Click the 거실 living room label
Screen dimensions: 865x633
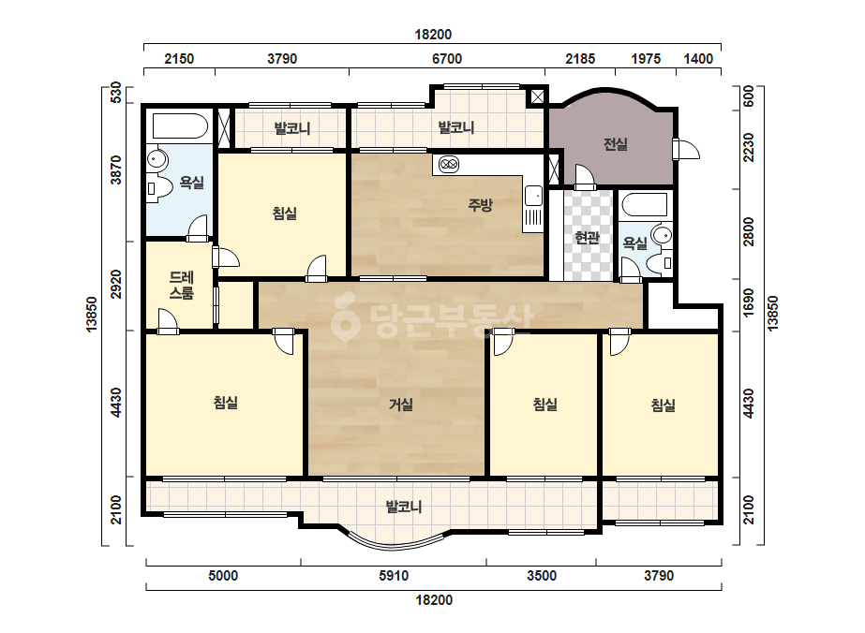[401, 405]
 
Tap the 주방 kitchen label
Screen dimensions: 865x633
[480, 205]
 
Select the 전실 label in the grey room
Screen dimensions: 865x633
[615, 144]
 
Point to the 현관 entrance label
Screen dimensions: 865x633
[587, 238]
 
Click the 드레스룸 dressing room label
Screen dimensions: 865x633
[182, 285]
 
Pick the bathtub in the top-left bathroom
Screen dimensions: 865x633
[180, 126]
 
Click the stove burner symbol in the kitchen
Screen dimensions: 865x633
[449, 164]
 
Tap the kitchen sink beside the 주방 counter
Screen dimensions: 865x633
[533, 196]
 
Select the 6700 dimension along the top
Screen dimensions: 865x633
[447, 58]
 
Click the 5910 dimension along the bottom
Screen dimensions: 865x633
[394, 576]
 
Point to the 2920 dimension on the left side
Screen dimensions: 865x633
[116, 284]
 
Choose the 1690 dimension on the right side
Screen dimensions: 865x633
[748, 302]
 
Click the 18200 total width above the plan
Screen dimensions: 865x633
[433, 35]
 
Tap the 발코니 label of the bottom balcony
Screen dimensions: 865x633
[404, 507]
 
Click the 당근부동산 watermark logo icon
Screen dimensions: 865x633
[345, 317]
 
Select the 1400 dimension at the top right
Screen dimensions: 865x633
[698, 58]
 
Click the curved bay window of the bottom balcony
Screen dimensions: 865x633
[395, 544]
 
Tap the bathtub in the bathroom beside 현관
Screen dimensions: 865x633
[645, 206]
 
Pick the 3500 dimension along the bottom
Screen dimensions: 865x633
[541, 576]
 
